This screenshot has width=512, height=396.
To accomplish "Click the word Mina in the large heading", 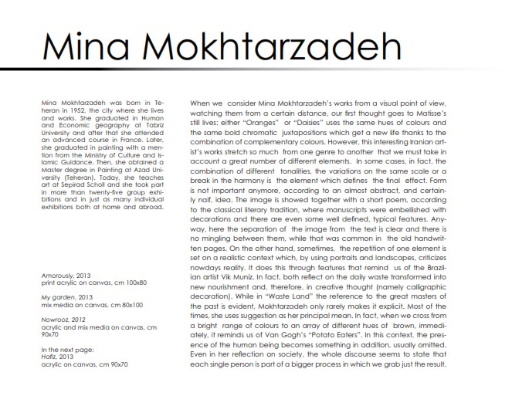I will (79, 47).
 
